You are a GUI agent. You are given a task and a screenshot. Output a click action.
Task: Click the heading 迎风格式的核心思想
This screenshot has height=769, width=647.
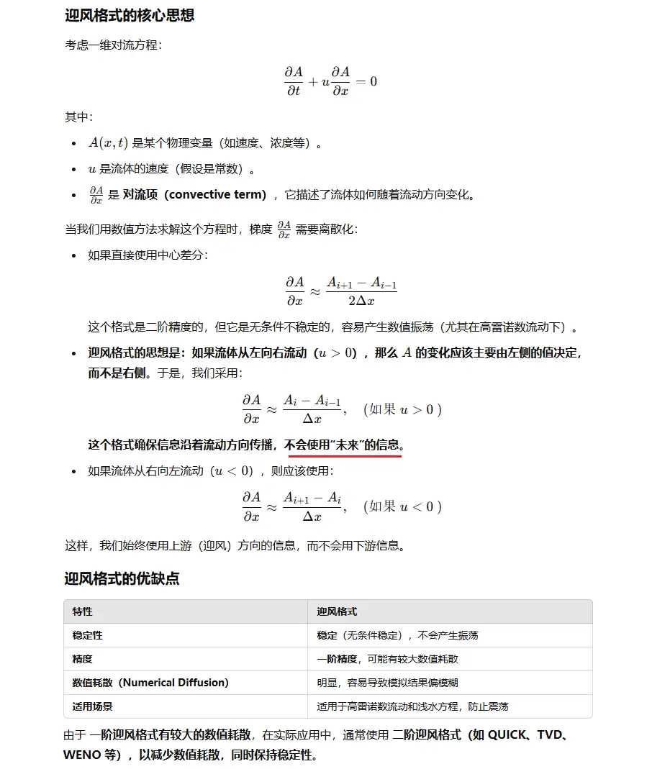click(x=130, y=16)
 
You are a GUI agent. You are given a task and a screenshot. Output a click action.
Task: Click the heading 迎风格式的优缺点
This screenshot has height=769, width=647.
click(x=122, y=578)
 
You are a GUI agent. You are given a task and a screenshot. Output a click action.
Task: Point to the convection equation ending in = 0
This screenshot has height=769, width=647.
click(x=330, y=81)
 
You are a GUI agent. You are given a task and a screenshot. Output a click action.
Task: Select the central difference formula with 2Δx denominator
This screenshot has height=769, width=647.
click(x=340, y=291)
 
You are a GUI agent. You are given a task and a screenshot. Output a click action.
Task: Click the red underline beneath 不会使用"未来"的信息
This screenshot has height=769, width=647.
click(x=345, y=455)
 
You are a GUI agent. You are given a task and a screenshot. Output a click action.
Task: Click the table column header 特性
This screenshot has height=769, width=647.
click(x=83, y=611)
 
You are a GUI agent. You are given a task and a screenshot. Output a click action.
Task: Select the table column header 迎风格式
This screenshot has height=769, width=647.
click(x=337, y=611)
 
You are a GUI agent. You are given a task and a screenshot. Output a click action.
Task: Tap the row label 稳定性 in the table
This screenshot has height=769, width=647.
click(x=88, y=635)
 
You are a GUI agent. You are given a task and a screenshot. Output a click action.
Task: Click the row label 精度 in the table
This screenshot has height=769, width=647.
click(x=83, y=659)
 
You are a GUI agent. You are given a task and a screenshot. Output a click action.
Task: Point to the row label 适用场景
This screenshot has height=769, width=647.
click(x=93, y=706)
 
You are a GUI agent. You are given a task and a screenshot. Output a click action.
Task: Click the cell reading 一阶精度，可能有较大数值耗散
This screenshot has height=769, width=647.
click(x=387, y=659)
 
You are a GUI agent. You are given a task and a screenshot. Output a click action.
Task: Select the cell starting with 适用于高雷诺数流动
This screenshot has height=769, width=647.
click(x=412, y=706)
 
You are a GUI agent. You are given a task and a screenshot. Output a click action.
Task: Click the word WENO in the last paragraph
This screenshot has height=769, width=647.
click(x=83, y=755)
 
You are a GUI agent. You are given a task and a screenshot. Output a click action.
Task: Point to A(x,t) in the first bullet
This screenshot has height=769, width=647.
click(x=108, y=143)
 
